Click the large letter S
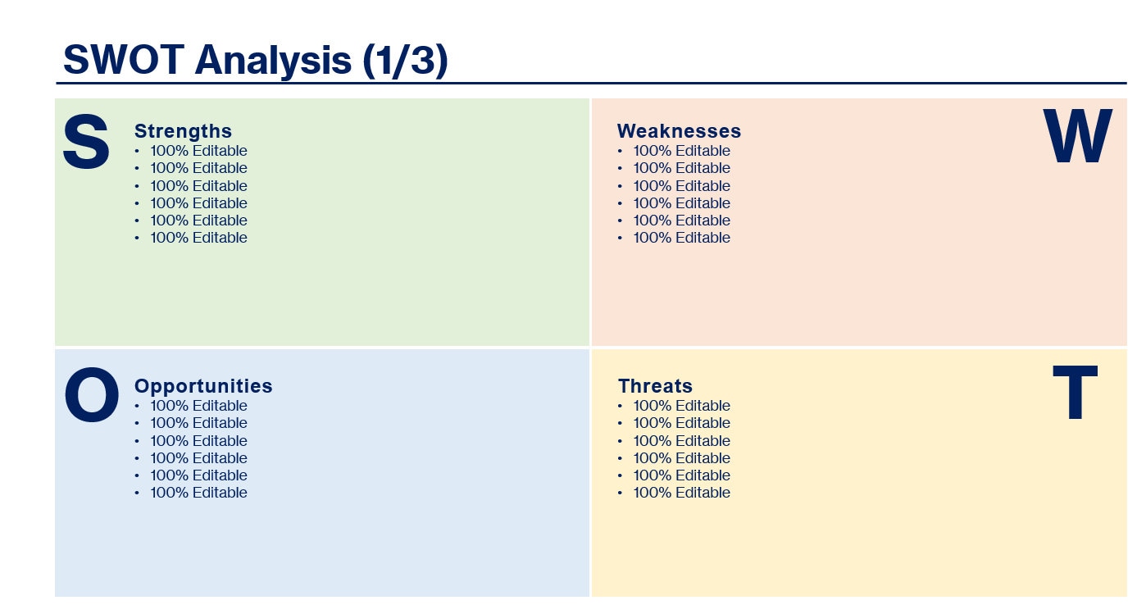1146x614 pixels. pos(86,143)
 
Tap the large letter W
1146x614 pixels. pos(1077,137)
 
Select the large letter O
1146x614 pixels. pos(91,397)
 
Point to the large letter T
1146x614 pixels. pos(1075,393)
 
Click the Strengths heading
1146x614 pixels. pos(183,131)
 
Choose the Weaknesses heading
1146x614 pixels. pos(679,131)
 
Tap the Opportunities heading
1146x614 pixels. pos(203,386)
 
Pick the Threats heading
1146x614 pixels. pos(655,386)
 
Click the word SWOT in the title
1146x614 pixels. pos(123,60)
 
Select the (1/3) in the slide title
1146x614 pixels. pos(405,60)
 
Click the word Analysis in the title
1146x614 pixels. pos(273,60)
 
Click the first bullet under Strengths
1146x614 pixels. pos(198,151)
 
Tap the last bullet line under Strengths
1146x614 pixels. pos(198,238)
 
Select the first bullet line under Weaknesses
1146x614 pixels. pos(680,151)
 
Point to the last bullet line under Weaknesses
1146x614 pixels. pos(680,238)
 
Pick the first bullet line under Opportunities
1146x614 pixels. pos(198,406)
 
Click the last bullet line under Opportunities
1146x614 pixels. pos(198,493)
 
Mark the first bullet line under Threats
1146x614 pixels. pos(680,406)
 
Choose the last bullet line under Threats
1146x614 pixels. pos(680,493)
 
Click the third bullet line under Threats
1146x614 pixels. pos(680,441)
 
